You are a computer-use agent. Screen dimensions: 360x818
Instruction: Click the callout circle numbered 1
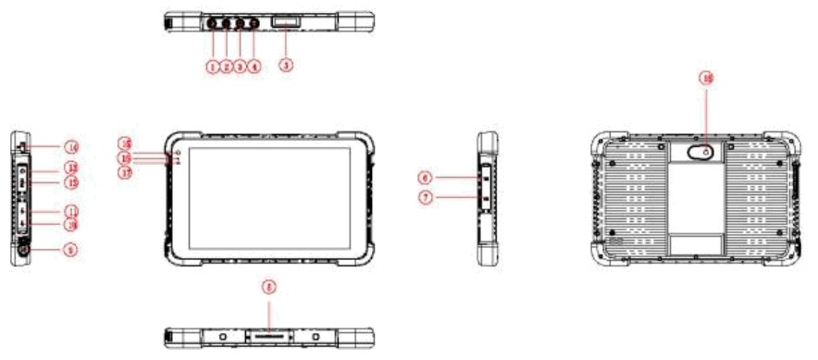coord(212,67)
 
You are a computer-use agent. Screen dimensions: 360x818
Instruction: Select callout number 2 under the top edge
coord(226,67)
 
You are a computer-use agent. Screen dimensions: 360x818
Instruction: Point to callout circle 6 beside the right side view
coord(425,176)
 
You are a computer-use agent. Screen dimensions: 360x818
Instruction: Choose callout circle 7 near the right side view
coord(425,197)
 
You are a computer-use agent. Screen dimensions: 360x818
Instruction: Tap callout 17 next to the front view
coord(125,170)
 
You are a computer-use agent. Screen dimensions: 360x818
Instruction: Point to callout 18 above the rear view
coord(707,81)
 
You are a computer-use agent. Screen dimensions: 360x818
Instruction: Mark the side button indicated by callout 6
coord(484,172)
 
